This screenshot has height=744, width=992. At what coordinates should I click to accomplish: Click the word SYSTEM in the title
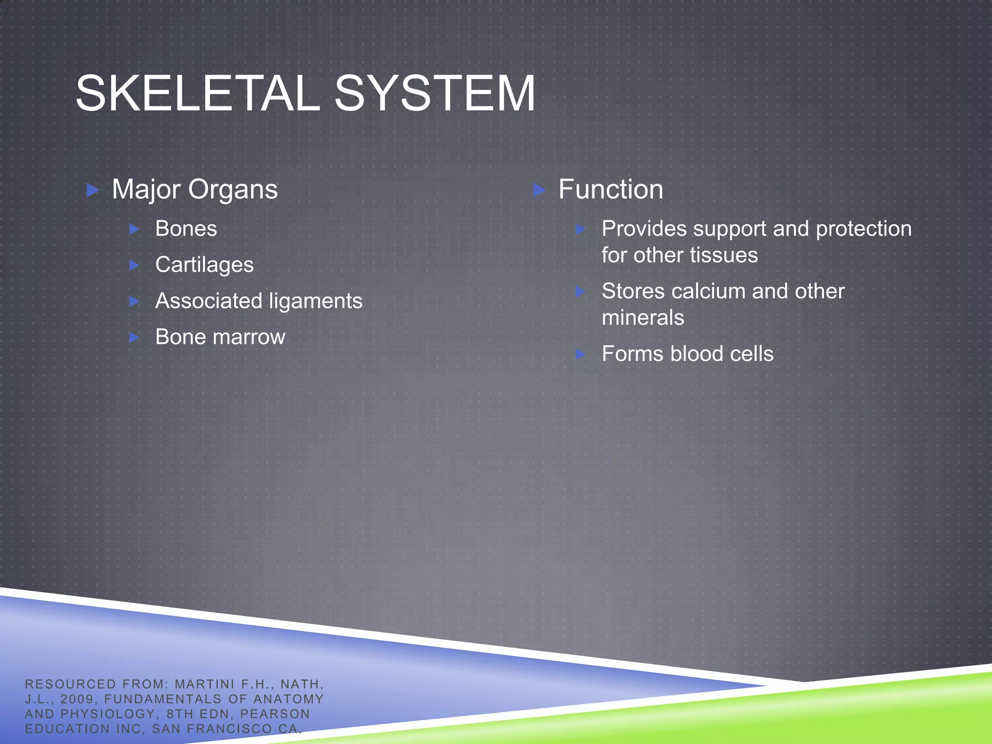pyautogui.click(x=434, y=93)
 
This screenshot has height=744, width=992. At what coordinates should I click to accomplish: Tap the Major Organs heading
pyautogui.click(x=195, y=189)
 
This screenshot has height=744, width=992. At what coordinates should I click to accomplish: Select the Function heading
pyautogui.click(x=610, y=189)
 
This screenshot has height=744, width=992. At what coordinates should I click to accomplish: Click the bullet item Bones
pyautogui.click(x=186, y=229)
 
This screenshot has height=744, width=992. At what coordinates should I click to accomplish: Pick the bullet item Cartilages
pyautogui.click(x=204, y=265)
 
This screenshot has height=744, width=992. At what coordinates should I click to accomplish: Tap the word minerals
pyautogui.click(x=643, y=318)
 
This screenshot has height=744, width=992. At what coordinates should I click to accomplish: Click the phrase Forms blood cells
pyautogui.click(x=687, y=354)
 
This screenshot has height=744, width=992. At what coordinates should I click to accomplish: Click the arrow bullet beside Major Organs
pyautogui.click(x=93, y=190)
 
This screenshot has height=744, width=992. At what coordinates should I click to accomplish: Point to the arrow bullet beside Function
pyautogui.click(x=539, y=190)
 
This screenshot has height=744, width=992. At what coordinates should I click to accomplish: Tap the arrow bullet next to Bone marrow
pyautogui.click(x=134, y=337)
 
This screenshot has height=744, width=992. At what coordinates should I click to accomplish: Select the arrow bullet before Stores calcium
pyautogui.click(x=580, y=292)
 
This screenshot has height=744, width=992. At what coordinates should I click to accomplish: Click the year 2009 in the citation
pyautogui.click(x=77, y=699)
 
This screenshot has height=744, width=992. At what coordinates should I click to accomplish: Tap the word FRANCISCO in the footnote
pyautogui.click(x=229, y=729)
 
